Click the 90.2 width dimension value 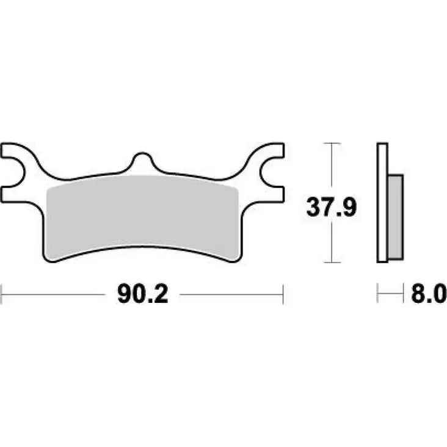[142, 294]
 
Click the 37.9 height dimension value [331, 207]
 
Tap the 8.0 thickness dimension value [429, 294]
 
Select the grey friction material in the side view [396, 217]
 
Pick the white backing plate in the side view [382, 202]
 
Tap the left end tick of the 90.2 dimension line [2, 294]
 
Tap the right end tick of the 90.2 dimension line [283, 294]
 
